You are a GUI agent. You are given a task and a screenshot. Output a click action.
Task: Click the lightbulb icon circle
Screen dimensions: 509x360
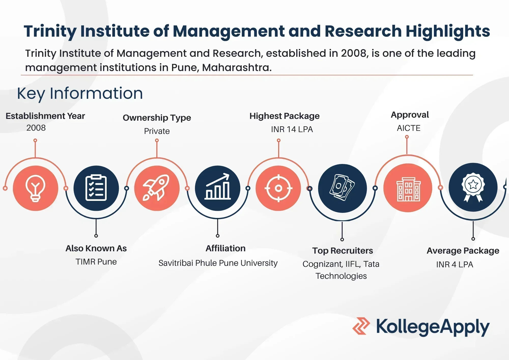pyautogui.click(x=35, y=188)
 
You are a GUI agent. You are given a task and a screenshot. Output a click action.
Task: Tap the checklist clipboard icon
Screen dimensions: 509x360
pyautogui.click(x=96, y=188)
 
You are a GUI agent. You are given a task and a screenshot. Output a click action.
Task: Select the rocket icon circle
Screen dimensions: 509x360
pyautogui.click(x=157, y=188)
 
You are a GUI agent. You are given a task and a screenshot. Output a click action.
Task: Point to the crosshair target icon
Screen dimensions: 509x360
pyautogui.click(x=278, y=188)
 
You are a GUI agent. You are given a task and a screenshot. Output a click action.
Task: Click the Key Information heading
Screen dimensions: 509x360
pyautogui.click(x=80, y=93)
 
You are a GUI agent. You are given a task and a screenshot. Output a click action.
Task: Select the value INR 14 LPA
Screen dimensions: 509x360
pyautogui.click(x=292, y=129)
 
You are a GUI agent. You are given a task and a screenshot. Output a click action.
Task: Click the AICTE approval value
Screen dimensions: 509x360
pyautogui.click(x=409, y=128)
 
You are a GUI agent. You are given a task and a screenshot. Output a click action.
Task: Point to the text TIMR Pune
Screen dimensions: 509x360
pyautogui.click(x=96, y=262)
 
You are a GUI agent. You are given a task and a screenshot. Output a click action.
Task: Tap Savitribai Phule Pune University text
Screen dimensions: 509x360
pyautogui.click(x=218, y=263)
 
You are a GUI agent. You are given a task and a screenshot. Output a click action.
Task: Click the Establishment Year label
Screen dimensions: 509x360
pyautogui.click(x=45, y=116)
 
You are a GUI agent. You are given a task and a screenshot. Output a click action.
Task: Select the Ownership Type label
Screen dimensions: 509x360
pyautogui.click(x=157, y=118)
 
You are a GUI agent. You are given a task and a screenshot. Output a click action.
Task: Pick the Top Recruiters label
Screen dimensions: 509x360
pyautogui.click(x=343, y=251)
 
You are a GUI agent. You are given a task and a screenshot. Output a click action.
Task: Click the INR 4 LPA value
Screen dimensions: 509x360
pyautogui.click(x=455, y=265)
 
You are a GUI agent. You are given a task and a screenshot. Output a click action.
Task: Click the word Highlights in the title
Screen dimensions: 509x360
pyautogui.click(x=448, y=32)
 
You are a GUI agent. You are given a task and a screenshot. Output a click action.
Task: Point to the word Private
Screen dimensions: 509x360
pyautogui.click(x=157, y=131)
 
